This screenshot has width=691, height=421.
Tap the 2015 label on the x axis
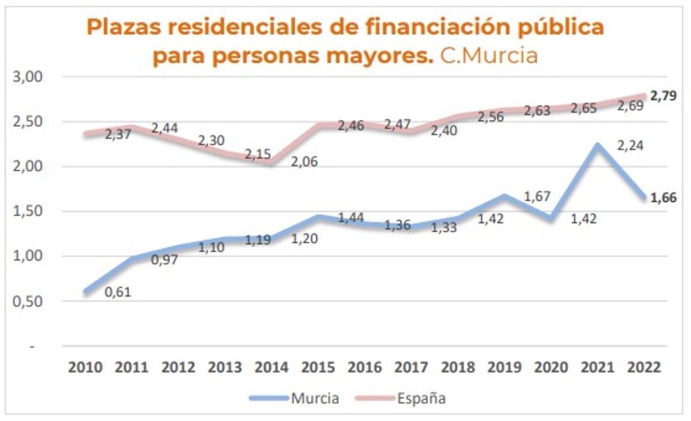pos(318,367)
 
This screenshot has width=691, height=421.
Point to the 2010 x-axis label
pos(85,367)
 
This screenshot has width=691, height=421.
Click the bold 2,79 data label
pos(663,96)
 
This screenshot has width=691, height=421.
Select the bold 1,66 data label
pos(663,198)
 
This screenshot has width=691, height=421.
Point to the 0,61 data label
pos(118,292)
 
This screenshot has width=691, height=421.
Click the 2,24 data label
pos(629,145)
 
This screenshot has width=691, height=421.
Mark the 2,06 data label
pos(303,161)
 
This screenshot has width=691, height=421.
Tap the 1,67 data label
pos(538,197)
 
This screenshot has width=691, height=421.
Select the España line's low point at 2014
pos(271,163)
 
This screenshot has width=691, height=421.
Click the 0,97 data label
pos(164,260)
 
